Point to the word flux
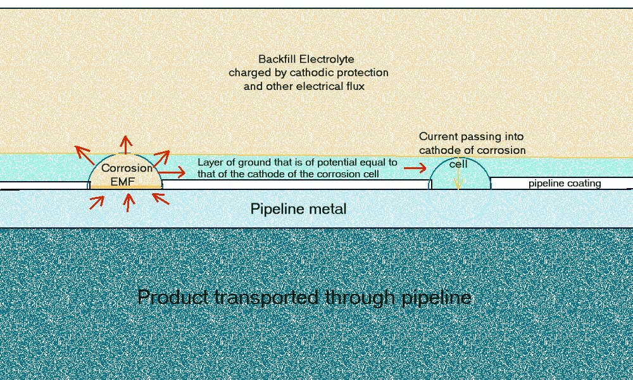[x=354, y=85]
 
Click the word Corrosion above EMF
[x=127, y=168]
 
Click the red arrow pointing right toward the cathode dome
[x=415, y=168]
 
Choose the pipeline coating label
[x=565, y=184]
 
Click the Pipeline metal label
[x=299, y=208]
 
